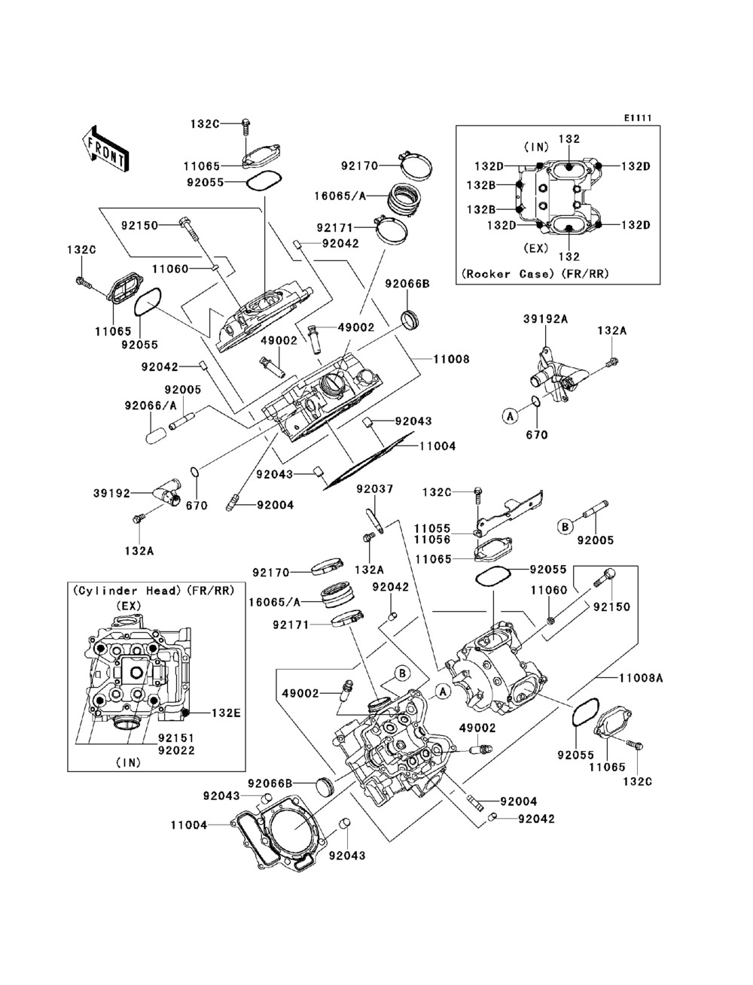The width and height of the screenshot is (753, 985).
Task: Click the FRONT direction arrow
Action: [x=105, y=147]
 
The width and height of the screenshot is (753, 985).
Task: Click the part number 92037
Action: [x=374, y=489]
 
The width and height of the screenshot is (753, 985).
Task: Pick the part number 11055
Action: [x=432, y=528]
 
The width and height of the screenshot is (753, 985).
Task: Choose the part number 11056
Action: [x=432, y=540]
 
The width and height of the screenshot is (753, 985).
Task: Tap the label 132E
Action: [x=226, y=712]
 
